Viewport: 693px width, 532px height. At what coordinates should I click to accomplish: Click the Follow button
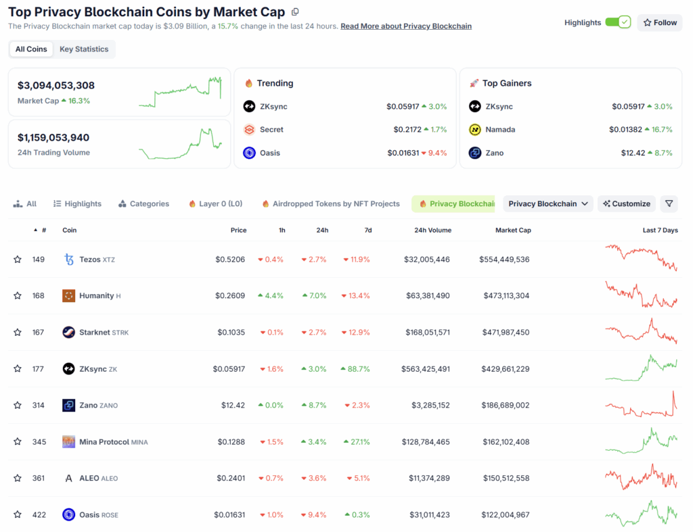tap(659, 22)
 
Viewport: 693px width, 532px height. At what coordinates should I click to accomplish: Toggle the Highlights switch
tap(617, 22)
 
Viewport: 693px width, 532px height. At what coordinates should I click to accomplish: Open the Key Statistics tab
tap(84, 49)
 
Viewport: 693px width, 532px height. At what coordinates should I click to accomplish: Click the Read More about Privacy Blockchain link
tap(406, 26)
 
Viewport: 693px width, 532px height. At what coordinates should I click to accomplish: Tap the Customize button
tap(627, 203)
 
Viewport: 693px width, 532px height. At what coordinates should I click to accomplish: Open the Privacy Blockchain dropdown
tap(547, 203)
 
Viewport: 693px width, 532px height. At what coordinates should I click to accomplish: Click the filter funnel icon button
tap(669, 203)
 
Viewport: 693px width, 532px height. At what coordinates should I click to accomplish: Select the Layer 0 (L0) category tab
tap(216, 203)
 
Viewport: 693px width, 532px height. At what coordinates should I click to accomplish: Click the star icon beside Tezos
tap(18, 260)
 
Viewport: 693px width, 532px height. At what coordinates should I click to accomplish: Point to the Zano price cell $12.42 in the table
tap(232, 406)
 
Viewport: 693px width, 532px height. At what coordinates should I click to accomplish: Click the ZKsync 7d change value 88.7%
tap(357, 369)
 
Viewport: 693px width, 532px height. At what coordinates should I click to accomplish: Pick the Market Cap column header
tap(513, 231)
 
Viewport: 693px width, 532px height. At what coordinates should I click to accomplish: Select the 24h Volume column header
tap(432, 231)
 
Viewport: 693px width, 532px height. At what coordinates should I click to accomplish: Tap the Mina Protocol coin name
tap(104, 442)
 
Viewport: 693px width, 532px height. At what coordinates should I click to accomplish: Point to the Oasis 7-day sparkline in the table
tap(640, 514)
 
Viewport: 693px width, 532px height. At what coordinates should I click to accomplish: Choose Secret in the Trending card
tap(271, 130)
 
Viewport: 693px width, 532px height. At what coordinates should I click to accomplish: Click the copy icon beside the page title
tap(294, 12)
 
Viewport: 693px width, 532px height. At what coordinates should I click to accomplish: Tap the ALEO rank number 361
tap(39, 479)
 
